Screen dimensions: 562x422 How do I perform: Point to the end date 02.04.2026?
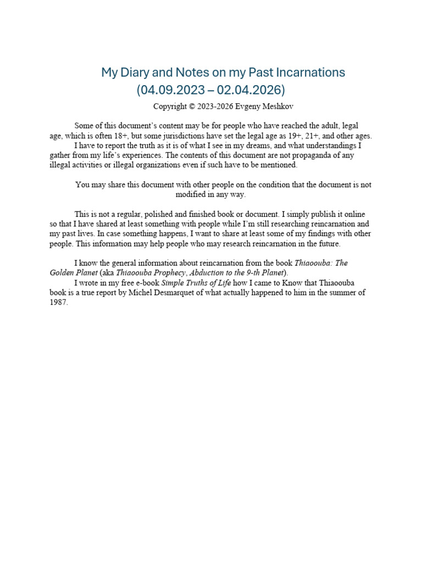click(251, 89)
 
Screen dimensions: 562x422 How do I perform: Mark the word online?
click(353, 214)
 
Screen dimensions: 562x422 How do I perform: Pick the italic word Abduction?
click(208, 273)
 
